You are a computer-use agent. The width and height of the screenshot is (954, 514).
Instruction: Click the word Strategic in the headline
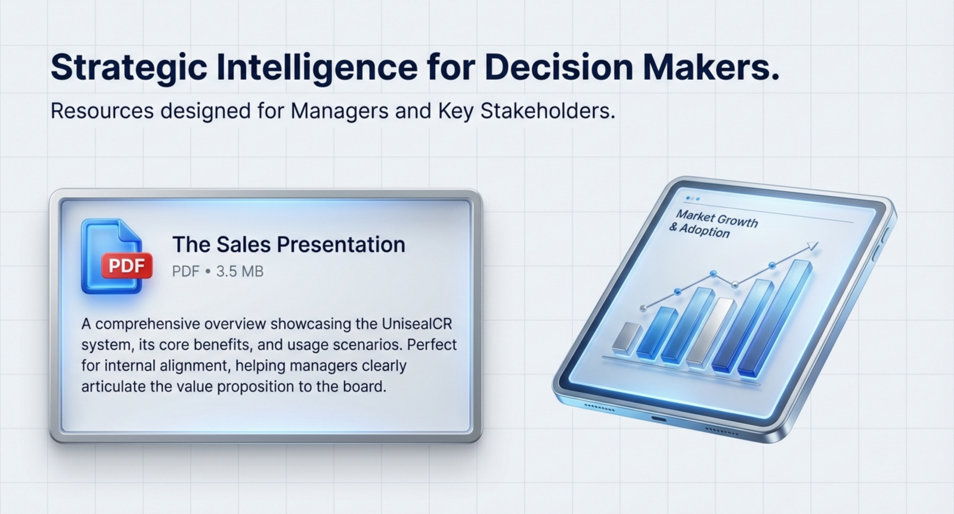tap(129, 68)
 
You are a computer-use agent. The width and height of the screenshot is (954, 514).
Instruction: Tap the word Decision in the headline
tap(559, 67)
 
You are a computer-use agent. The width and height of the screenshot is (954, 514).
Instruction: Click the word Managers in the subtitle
tap(339, 111)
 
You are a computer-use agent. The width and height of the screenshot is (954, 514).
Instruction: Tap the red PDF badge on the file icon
tap(126, 266)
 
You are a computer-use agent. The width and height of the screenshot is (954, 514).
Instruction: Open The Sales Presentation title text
tap(289, 245)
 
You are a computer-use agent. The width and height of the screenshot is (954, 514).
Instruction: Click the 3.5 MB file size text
tap(240, 272)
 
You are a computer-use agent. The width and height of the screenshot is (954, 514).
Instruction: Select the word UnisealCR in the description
tap(417, 324)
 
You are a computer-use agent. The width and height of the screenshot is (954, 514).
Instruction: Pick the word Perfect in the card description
tap(432, 344)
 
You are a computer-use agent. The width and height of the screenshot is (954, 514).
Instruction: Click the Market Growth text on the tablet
tap(717, 219)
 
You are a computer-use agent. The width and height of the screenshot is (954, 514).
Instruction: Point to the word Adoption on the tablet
tap(704, 231)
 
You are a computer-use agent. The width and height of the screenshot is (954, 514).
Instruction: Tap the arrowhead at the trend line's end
tap(813, 246)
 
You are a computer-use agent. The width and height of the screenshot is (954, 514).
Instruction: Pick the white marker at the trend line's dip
tap(735, 285)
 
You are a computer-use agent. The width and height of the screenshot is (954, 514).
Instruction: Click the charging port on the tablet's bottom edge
tap(658, 419)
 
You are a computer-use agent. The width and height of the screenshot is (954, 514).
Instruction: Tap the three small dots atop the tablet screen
tap(693, 199)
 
